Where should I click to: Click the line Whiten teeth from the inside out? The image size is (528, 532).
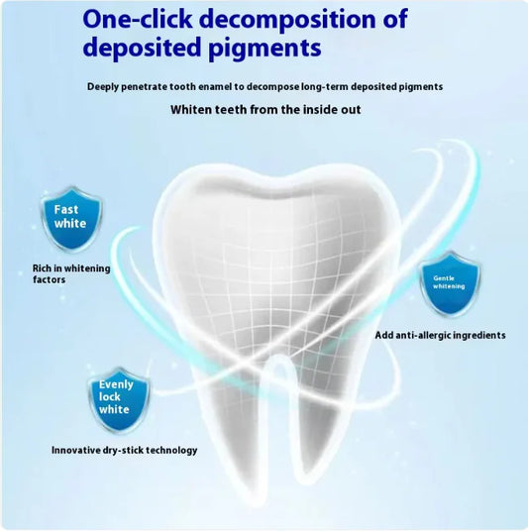point(264,109)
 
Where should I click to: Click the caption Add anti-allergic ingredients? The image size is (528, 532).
point(440,335)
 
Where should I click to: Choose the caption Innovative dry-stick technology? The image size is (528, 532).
point(124,450)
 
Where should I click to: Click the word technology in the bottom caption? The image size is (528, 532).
point(166,450)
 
